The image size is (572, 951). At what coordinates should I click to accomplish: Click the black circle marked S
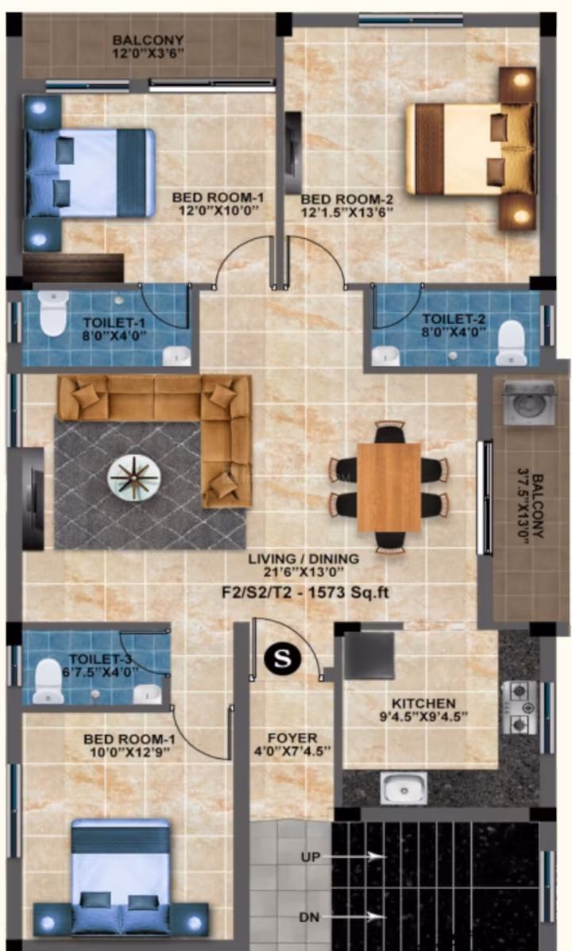[x=282, y=657]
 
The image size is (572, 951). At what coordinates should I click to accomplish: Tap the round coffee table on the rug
[x=134, y=477]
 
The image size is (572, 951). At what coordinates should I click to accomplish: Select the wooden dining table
[x=388, y=487]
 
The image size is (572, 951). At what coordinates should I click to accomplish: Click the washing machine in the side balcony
[x=529, y=402]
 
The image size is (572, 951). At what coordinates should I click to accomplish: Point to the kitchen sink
[x=404, y=787]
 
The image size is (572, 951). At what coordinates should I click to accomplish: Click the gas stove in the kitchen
[x=520, y=707]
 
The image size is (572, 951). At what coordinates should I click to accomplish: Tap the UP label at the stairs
[x=311, y=857]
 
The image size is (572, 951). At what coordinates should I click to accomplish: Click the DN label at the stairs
[x=309, y=917]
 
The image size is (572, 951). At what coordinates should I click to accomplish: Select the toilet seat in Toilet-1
[x=53, y=313]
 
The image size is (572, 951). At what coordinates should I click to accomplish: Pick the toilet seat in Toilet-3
[x=48, y=680]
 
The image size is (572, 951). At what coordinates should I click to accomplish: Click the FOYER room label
[x=292, y=738]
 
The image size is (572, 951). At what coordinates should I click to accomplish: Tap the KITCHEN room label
[x=424, y=703]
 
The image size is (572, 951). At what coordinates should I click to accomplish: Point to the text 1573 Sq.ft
[x=349, y=592]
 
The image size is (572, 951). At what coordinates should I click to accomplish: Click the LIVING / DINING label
[x=303, y=559]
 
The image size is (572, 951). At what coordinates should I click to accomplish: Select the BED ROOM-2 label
[x=347, y=199]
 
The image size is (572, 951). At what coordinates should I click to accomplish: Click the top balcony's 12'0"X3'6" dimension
[x=148, y=53]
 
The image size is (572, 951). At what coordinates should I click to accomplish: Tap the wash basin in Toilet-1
[x=176, y=356]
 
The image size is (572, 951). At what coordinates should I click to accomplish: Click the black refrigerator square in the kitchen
[x=369, y=656]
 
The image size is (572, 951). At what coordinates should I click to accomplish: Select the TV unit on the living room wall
[x=33, y=499]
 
